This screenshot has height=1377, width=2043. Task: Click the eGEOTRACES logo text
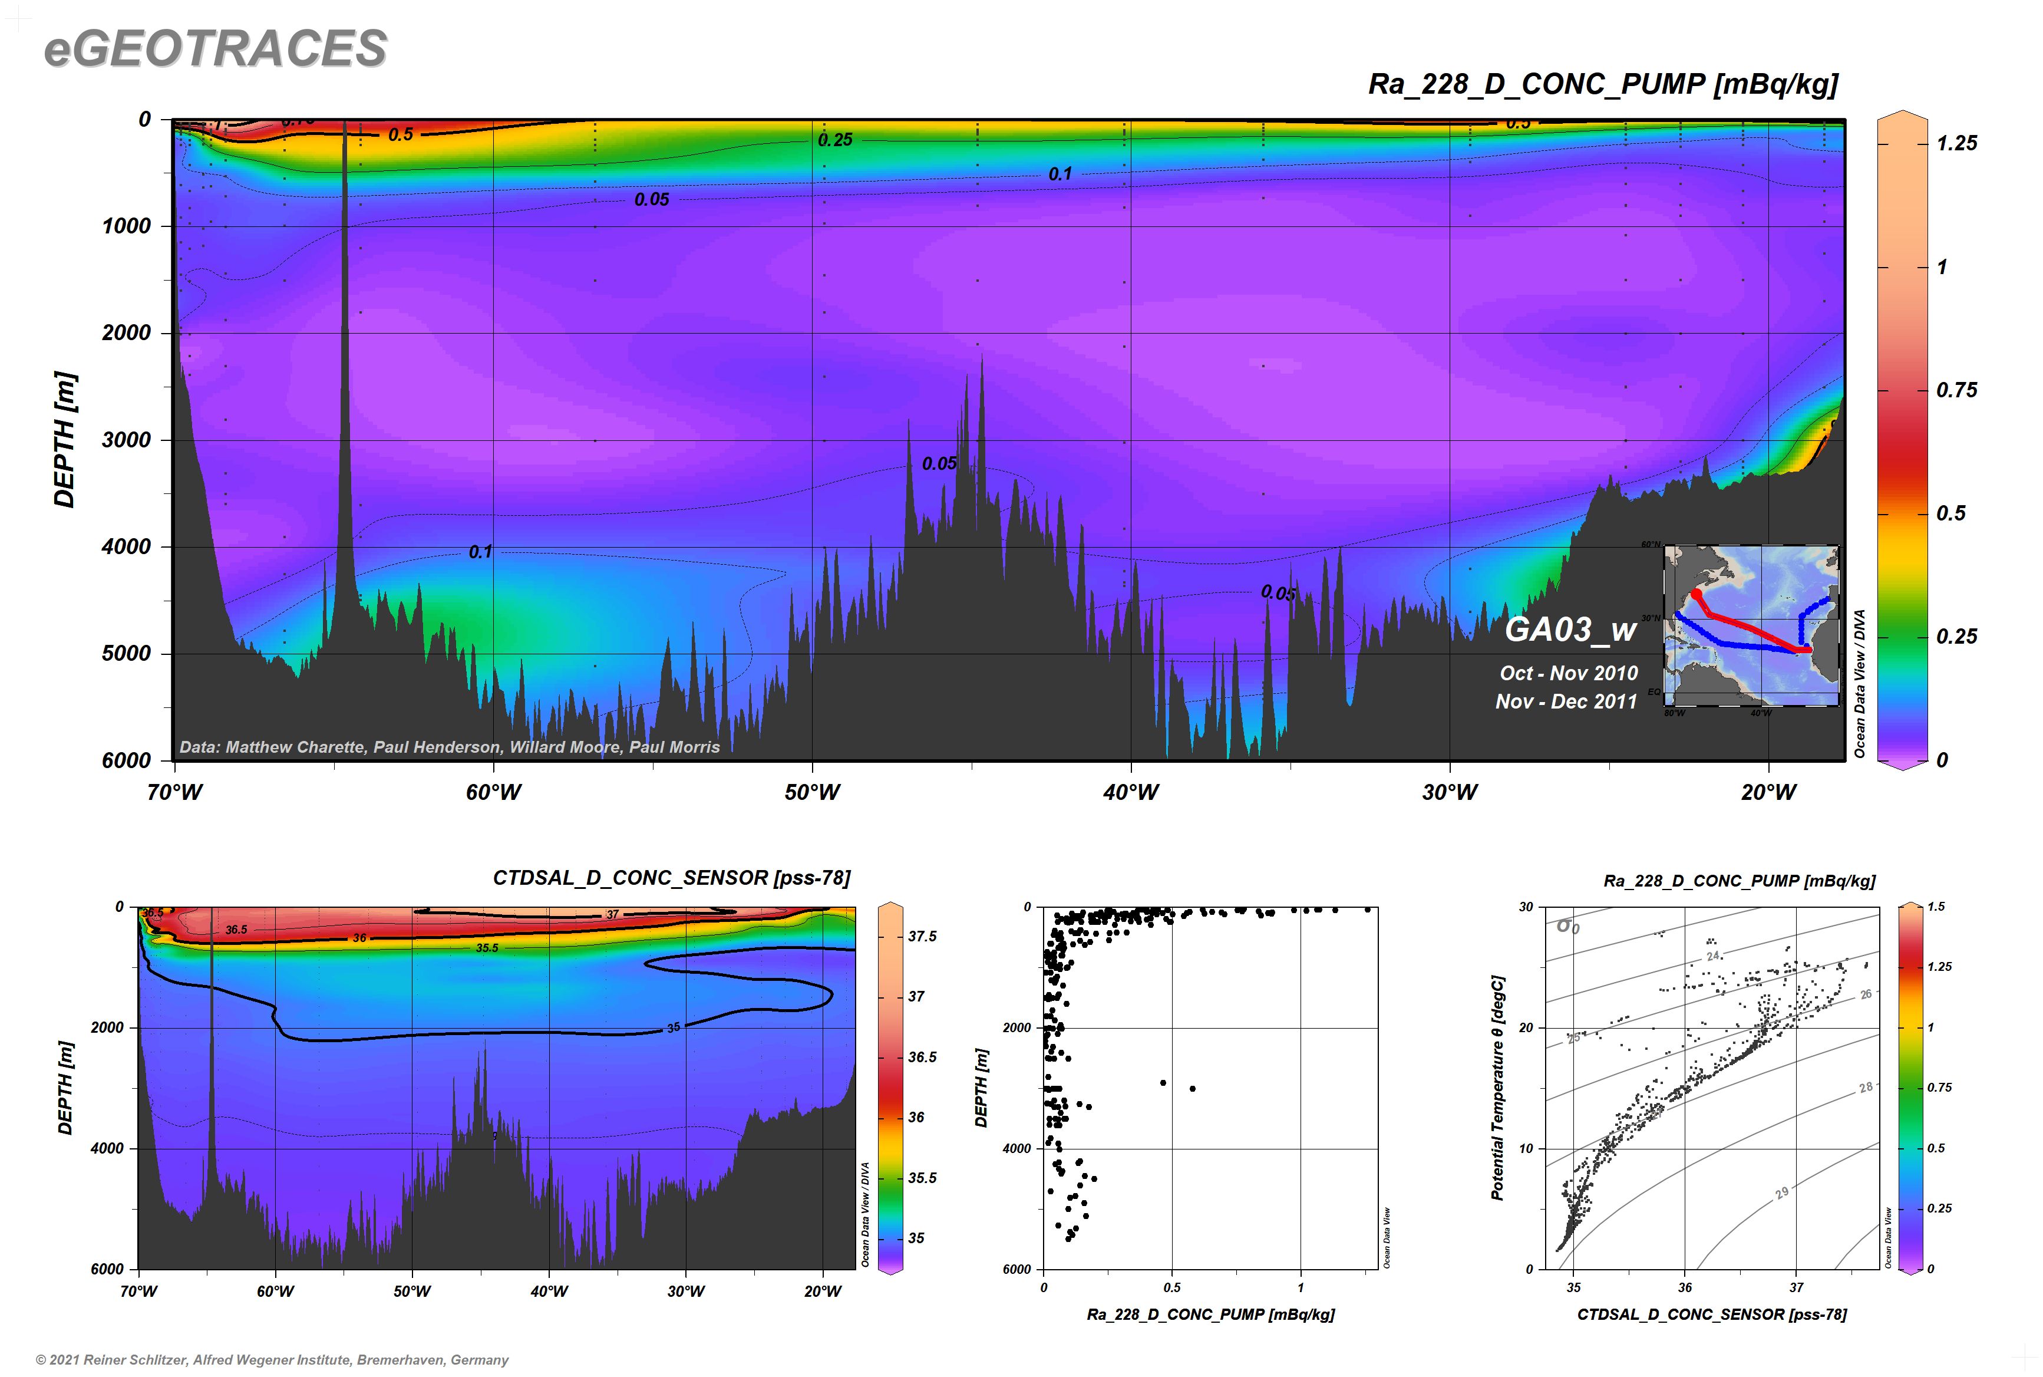tap(215, 48)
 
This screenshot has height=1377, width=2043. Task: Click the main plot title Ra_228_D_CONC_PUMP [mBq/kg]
tap(1602, 84)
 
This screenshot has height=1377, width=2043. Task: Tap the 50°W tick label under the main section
tap(811, 792)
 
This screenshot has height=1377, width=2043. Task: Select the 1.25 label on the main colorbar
tap(1956, 143)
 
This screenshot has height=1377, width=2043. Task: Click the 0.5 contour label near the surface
tap(400, 134)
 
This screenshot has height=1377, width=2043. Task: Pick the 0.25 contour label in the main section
tap(835, 140)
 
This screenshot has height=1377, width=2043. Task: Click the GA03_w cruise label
tap(1570, 629)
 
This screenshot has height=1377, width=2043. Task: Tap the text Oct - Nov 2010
tap(1569, 674)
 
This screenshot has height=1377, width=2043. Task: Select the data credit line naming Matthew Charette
tap(450, 747)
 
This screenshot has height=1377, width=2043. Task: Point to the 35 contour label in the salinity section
tap(674, 1027)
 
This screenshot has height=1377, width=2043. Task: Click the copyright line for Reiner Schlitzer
tap(272, 1359)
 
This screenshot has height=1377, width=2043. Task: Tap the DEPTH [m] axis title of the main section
tap(65, 440)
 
